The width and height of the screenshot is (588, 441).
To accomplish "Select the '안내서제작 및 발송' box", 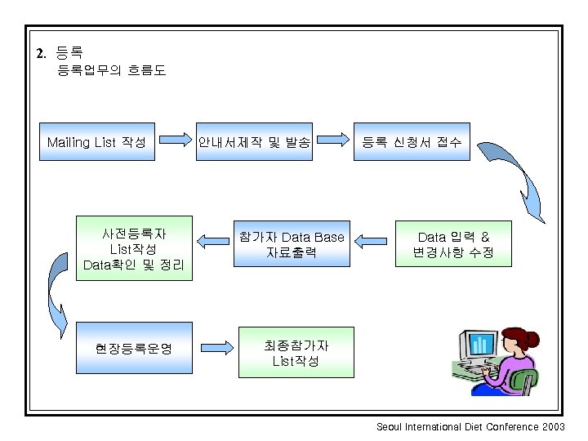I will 253,142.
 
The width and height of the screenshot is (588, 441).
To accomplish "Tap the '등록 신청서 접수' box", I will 412,142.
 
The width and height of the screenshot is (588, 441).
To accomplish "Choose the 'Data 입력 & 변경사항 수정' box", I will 453,244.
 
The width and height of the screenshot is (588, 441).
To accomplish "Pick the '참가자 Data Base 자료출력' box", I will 291,244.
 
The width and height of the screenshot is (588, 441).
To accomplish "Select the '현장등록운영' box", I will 134,349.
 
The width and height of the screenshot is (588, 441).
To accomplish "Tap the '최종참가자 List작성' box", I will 296,353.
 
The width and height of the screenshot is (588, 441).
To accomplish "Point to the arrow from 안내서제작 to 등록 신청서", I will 331,141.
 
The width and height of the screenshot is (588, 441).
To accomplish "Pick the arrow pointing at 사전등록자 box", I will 213,241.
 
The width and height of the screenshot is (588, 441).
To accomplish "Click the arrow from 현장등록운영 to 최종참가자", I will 215,348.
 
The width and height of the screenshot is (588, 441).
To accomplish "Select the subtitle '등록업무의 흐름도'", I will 111,71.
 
